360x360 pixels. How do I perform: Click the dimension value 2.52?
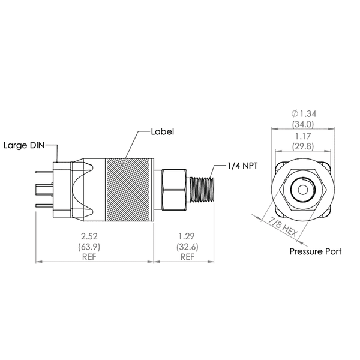click(x=95, y=236)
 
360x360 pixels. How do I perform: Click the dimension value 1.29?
click(x=187, y=236)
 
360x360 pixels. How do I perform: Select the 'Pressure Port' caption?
click(x=315, y=251)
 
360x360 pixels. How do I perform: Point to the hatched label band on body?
click(x=130, y=188)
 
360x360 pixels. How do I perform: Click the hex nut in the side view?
click(x=174, y=188)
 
